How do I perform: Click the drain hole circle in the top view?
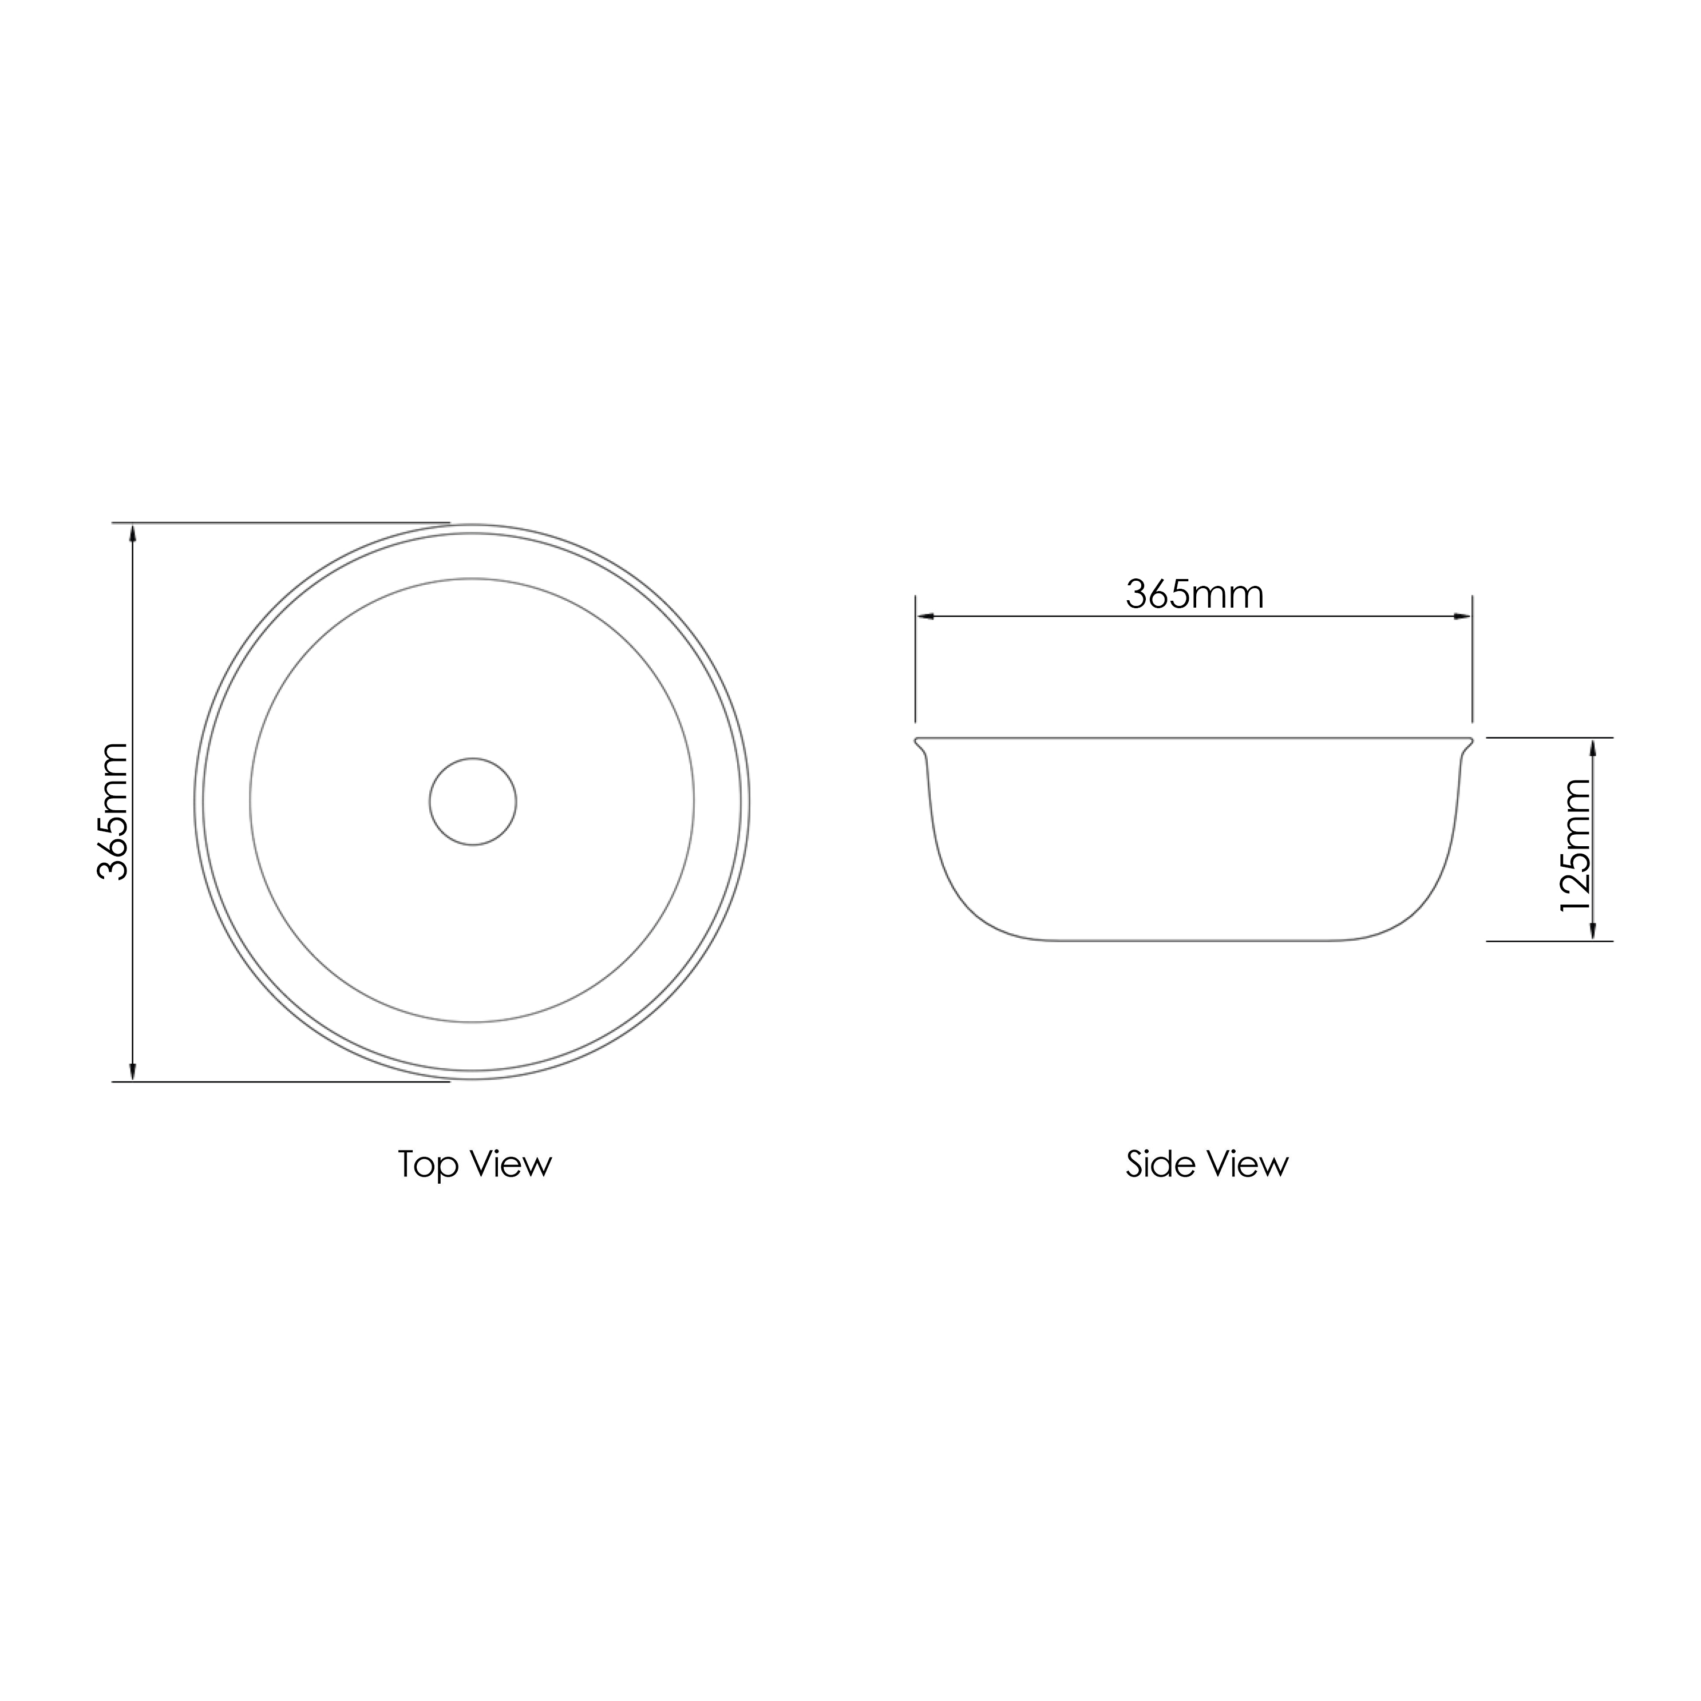(x=473, y=802)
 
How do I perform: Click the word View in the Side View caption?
(x=1247, y=1165)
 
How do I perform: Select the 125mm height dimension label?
(x=1576, y=845)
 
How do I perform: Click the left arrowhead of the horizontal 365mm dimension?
(x=925, y=616)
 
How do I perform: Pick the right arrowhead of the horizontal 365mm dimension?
(x=1462, y=616)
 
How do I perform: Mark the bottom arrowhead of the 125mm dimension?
(x=1593, y=931)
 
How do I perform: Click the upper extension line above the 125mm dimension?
(x=1550, y=738)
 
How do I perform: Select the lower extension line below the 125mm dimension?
(x=1550, y=941)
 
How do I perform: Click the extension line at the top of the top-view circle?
(x=282, y=523)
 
